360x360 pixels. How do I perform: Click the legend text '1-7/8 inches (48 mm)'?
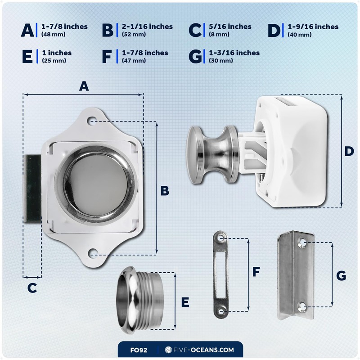[64, 30]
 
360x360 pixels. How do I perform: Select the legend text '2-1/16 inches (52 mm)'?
[147, 30]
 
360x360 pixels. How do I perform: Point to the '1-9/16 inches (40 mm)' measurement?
[313, 30]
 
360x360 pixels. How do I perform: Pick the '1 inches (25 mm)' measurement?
[56, 56]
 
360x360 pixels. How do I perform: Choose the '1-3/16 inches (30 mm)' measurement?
[234, 56]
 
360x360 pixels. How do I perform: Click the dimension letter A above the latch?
[83, 86]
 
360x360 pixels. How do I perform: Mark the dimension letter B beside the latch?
[165, 191]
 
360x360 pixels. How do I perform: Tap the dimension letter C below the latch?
[32, 288]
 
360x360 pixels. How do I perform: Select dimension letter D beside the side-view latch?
[349, 151]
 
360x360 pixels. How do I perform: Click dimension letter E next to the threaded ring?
[185, 302]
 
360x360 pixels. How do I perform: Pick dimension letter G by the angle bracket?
[341, 275]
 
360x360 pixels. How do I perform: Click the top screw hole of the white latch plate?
[93, 121]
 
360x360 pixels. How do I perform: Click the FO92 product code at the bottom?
[138, 349]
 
